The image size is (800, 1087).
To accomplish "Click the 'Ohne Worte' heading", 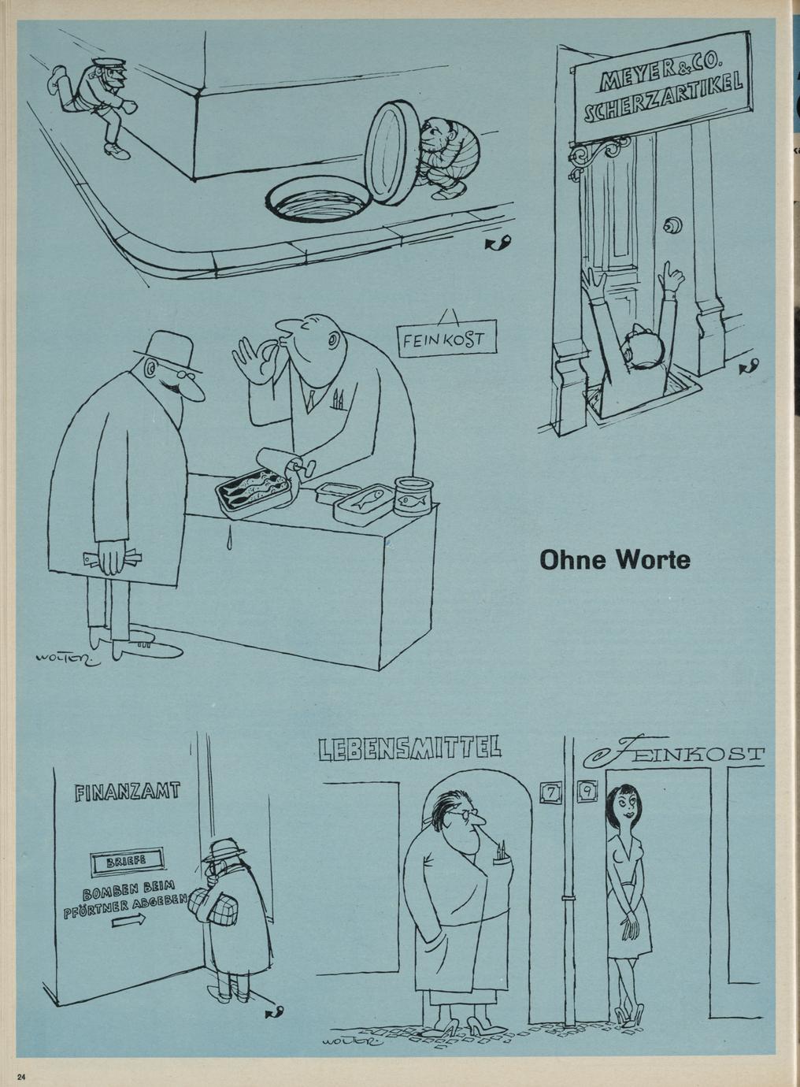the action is (x=615, y=559).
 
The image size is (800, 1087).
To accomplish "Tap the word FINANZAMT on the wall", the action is (x=128, y=792).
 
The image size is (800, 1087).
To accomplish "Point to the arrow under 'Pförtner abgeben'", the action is (x=128, y=918).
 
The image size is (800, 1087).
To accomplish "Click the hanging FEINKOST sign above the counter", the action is (x=446, y=338).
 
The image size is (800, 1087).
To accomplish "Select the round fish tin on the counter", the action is (x=413, y=495).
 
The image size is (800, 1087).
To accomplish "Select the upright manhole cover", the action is (x=391, y=152).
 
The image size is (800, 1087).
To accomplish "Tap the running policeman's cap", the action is (x=111, y=64).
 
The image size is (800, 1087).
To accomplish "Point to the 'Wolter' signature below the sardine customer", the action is (x=68, y=659).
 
